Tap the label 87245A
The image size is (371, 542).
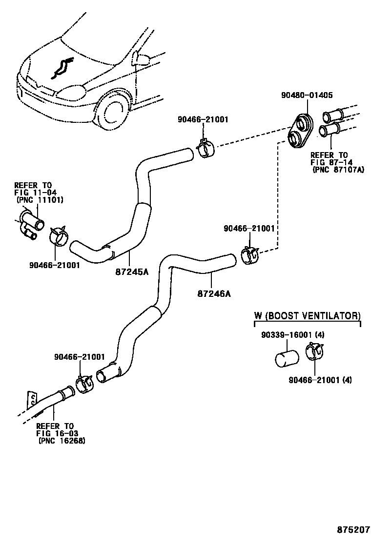pos(132,271)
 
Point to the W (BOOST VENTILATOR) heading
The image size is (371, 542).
pos(307,315)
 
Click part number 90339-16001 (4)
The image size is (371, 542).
pos(292,335)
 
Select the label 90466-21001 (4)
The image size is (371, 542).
pos(320,380)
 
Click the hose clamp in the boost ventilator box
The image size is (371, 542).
pos(314,352)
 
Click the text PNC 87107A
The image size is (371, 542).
pos(338,170)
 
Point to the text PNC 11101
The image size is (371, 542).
pos(40,199)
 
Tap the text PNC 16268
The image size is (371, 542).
pos(61,441)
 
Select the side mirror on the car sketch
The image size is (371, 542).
pos(142,59)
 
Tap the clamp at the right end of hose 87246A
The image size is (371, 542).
pos(250,256)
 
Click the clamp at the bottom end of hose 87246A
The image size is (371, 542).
pos(85,383)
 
